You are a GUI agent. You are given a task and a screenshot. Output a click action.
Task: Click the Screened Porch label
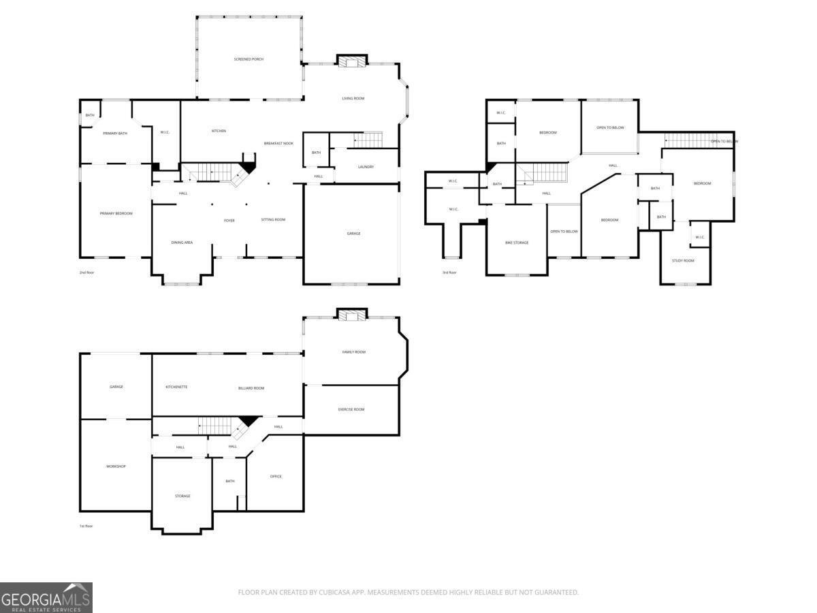pos(249,59)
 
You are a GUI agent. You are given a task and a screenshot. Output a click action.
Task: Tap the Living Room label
pos(353,99)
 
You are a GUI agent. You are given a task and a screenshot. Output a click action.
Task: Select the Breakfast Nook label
pos(278,144)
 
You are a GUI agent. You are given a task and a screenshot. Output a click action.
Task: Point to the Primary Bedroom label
pos(116,214)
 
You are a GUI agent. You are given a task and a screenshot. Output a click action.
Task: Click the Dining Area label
pos(182,242)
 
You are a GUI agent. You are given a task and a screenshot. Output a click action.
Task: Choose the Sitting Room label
pos(273,219)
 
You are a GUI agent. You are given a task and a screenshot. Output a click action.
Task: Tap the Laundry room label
pos(366,167)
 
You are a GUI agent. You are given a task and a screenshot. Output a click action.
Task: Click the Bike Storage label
pos(517,242)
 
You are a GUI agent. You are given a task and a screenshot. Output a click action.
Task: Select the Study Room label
pos(683,260)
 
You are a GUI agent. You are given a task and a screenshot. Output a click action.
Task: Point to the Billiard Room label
pos(251,388)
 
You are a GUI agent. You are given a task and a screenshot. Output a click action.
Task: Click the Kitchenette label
pos(176,387)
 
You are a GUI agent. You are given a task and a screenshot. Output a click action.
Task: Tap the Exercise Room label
pos(351,409)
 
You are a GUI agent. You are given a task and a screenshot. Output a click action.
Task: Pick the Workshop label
pos(116,467)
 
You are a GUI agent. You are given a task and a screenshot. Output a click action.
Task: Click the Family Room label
pos(353,352)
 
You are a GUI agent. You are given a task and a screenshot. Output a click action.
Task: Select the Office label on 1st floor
pos(276,476)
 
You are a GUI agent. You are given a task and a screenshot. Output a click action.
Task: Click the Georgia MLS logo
pos(46,598)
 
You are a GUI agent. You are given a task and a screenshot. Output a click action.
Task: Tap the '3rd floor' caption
pos(449,272)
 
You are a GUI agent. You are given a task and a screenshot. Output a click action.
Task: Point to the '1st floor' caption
pos(86,526)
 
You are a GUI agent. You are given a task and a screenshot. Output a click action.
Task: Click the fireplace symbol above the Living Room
pos(352,62)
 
